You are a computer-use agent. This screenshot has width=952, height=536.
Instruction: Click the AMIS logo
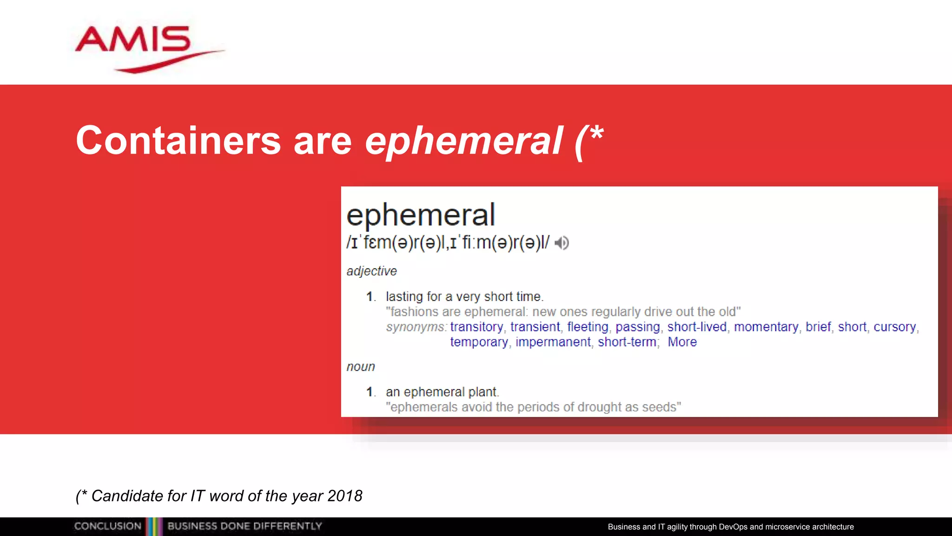139,47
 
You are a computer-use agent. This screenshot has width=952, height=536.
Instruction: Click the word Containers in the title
178,141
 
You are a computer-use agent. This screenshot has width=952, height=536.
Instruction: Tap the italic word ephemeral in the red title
463,141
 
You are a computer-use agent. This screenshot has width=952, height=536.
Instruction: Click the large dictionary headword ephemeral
421,215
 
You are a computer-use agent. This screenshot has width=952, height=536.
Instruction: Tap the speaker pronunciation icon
562,243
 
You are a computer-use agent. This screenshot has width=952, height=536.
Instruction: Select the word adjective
371,271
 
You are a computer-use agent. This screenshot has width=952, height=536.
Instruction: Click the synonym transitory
476,327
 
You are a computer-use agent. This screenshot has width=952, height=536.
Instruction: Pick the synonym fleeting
588,327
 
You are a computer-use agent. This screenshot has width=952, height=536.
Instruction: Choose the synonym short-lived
697,327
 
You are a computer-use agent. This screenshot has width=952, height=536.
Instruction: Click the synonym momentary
766,327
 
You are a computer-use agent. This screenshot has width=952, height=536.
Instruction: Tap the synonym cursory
895,327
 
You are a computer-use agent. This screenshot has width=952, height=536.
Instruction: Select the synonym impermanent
553,342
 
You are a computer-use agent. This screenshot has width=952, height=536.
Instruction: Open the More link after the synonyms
682,342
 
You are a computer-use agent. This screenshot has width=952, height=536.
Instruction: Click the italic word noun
361,367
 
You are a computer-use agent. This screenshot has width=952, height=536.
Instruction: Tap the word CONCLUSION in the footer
108,526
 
